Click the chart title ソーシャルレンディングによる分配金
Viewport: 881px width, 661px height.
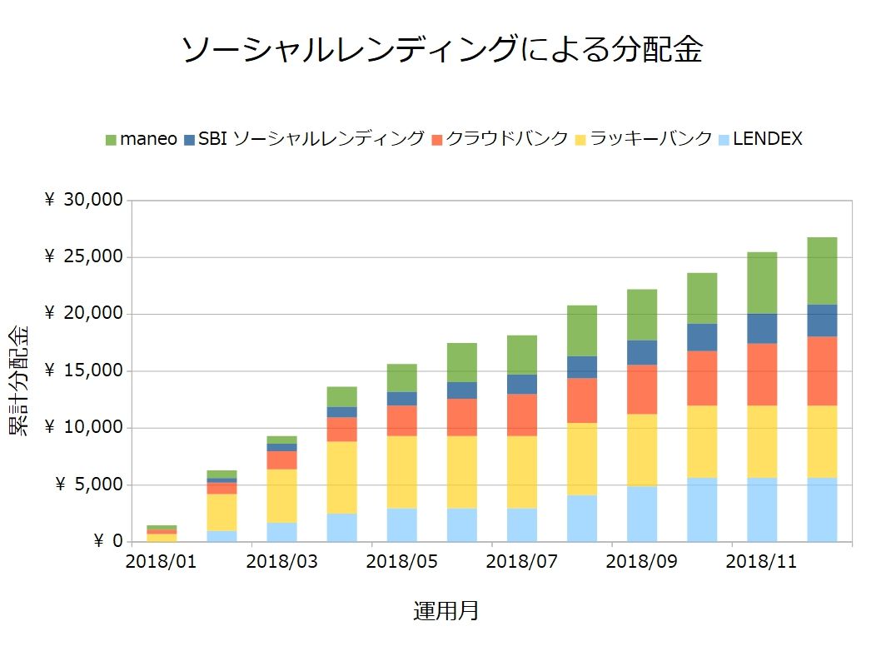(441, 50)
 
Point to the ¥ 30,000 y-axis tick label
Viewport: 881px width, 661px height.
(82, 201)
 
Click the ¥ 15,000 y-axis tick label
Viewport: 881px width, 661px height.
(82, 371)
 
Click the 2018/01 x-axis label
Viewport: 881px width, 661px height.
(162, 562)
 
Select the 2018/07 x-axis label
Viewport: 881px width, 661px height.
(522, 562)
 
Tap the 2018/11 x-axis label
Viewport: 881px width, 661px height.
(762, 562)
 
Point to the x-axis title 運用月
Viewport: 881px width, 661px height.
(446, 612)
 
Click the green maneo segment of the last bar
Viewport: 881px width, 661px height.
(822, 271)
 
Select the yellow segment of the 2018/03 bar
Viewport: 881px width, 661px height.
(281, 495)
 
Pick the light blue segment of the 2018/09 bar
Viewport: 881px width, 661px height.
(642, 514)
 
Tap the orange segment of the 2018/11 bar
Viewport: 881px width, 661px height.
(762, 375)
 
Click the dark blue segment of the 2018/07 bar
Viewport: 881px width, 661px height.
(522, 384)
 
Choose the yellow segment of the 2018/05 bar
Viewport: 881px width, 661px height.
(401, 472)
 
